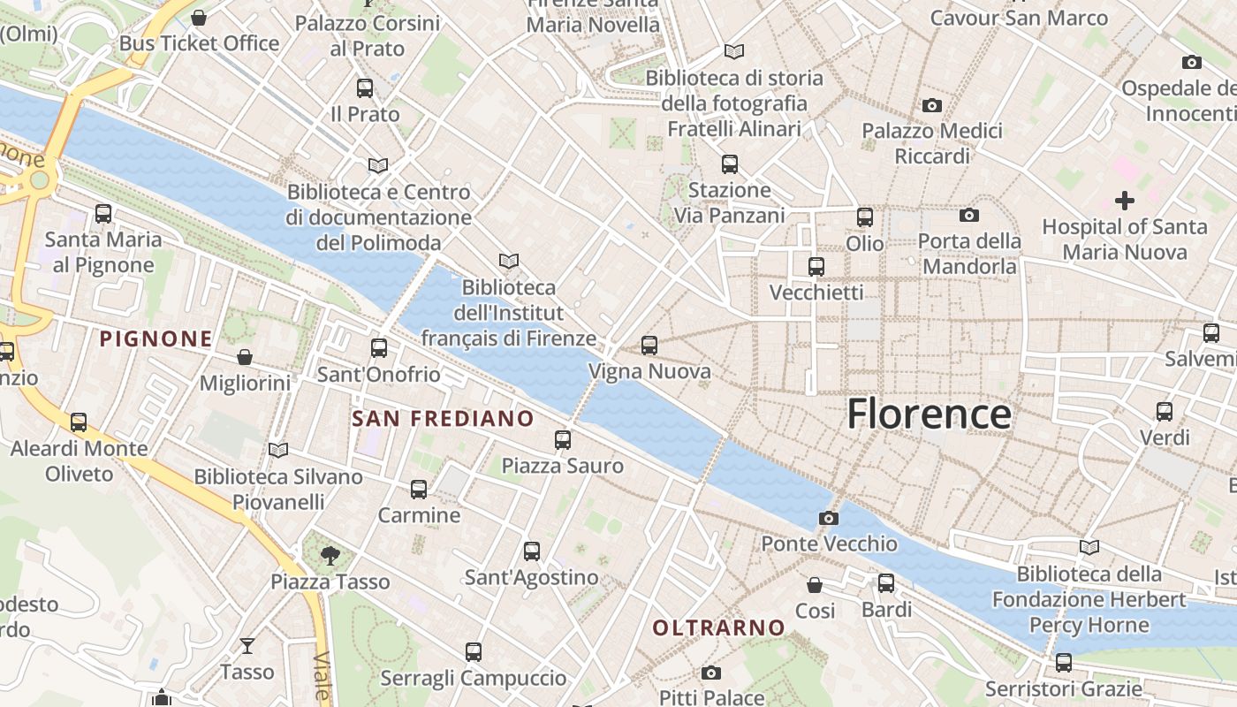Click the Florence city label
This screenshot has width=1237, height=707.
tap(929, 414)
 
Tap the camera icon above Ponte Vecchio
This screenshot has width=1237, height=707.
tap(829, 518)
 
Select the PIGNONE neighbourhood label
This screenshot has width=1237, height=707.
tap(156, 338)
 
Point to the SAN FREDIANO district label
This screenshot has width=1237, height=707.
tap(443, 418)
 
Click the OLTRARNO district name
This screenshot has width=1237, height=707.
tap(718, 627)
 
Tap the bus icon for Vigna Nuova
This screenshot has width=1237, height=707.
tap(649, 346)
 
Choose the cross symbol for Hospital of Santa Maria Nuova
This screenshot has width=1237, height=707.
tap(1124, 201)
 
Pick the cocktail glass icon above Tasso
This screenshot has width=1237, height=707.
tap(247, 646)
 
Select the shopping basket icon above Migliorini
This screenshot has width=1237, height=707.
tap(245, 357)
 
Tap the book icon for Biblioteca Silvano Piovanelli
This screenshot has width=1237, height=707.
tap(278, 451)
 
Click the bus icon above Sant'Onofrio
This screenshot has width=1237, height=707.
tap(379, 348)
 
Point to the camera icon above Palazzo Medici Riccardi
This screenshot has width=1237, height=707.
tap(932, 106)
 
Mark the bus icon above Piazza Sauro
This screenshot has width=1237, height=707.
tap(563, 440)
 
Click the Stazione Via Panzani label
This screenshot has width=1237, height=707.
tap(729, 202)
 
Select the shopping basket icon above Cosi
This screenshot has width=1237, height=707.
tap(815, 585)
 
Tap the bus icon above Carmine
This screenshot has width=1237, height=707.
tap(419, 490)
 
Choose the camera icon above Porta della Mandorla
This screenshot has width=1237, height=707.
tap(969, 216)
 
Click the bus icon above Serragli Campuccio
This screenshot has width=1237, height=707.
tap(474, 652)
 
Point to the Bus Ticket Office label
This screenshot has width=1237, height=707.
tap(199, 43)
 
